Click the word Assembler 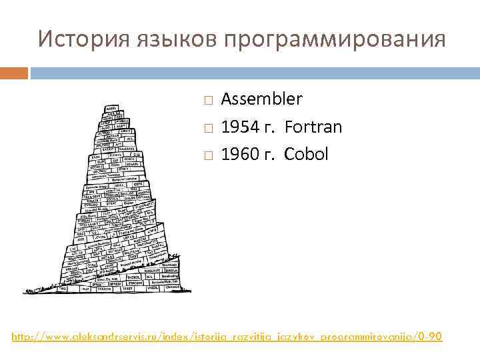point(261,99)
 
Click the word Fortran point(313,127)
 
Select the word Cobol point(307,154)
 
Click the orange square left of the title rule point(14,72)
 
